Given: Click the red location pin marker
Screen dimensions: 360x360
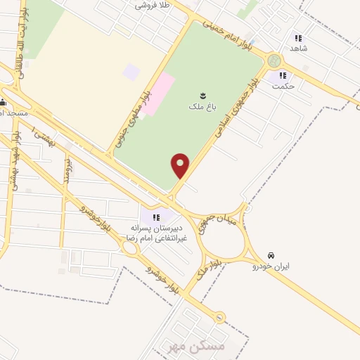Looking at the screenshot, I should coord(181,166).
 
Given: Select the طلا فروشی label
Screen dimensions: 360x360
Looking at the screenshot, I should coord(154,5).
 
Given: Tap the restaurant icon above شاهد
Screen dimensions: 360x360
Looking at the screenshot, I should coord(298,38).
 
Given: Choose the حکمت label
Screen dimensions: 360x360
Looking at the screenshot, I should coord(284,86).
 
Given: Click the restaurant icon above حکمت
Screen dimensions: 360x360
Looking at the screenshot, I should coord(283,75).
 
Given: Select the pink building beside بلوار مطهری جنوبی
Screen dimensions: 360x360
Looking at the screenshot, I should coord(160,92).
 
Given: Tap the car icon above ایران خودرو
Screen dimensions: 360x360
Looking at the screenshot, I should coord(272,255).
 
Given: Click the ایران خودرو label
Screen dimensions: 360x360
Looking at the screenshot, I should coord(273,267).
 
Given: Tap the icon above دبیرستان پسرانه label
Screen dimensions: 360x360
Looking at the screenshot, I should coord(157,217).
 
